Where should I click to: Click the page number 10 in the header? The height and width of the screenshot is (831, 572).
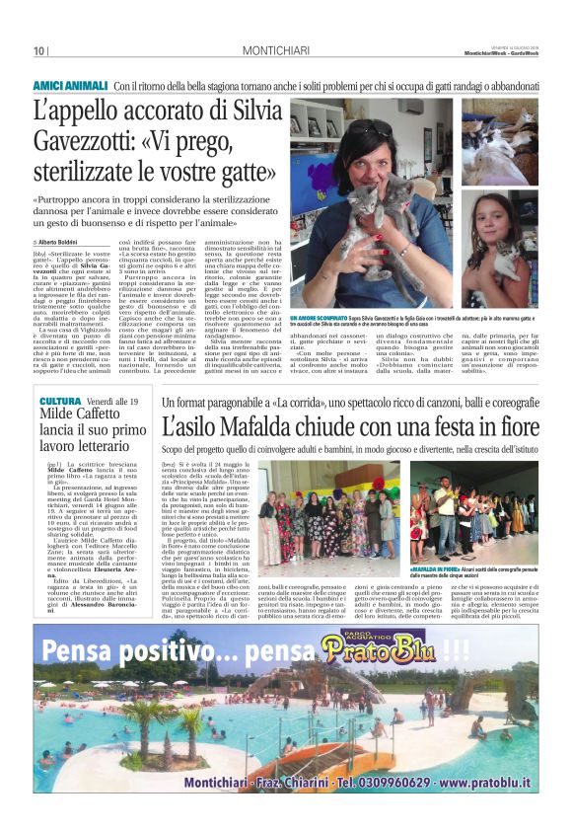click(x=39, y=51)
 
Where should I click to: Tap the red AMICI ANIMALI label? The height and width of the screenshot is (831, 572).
click(x=70, y=86)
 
